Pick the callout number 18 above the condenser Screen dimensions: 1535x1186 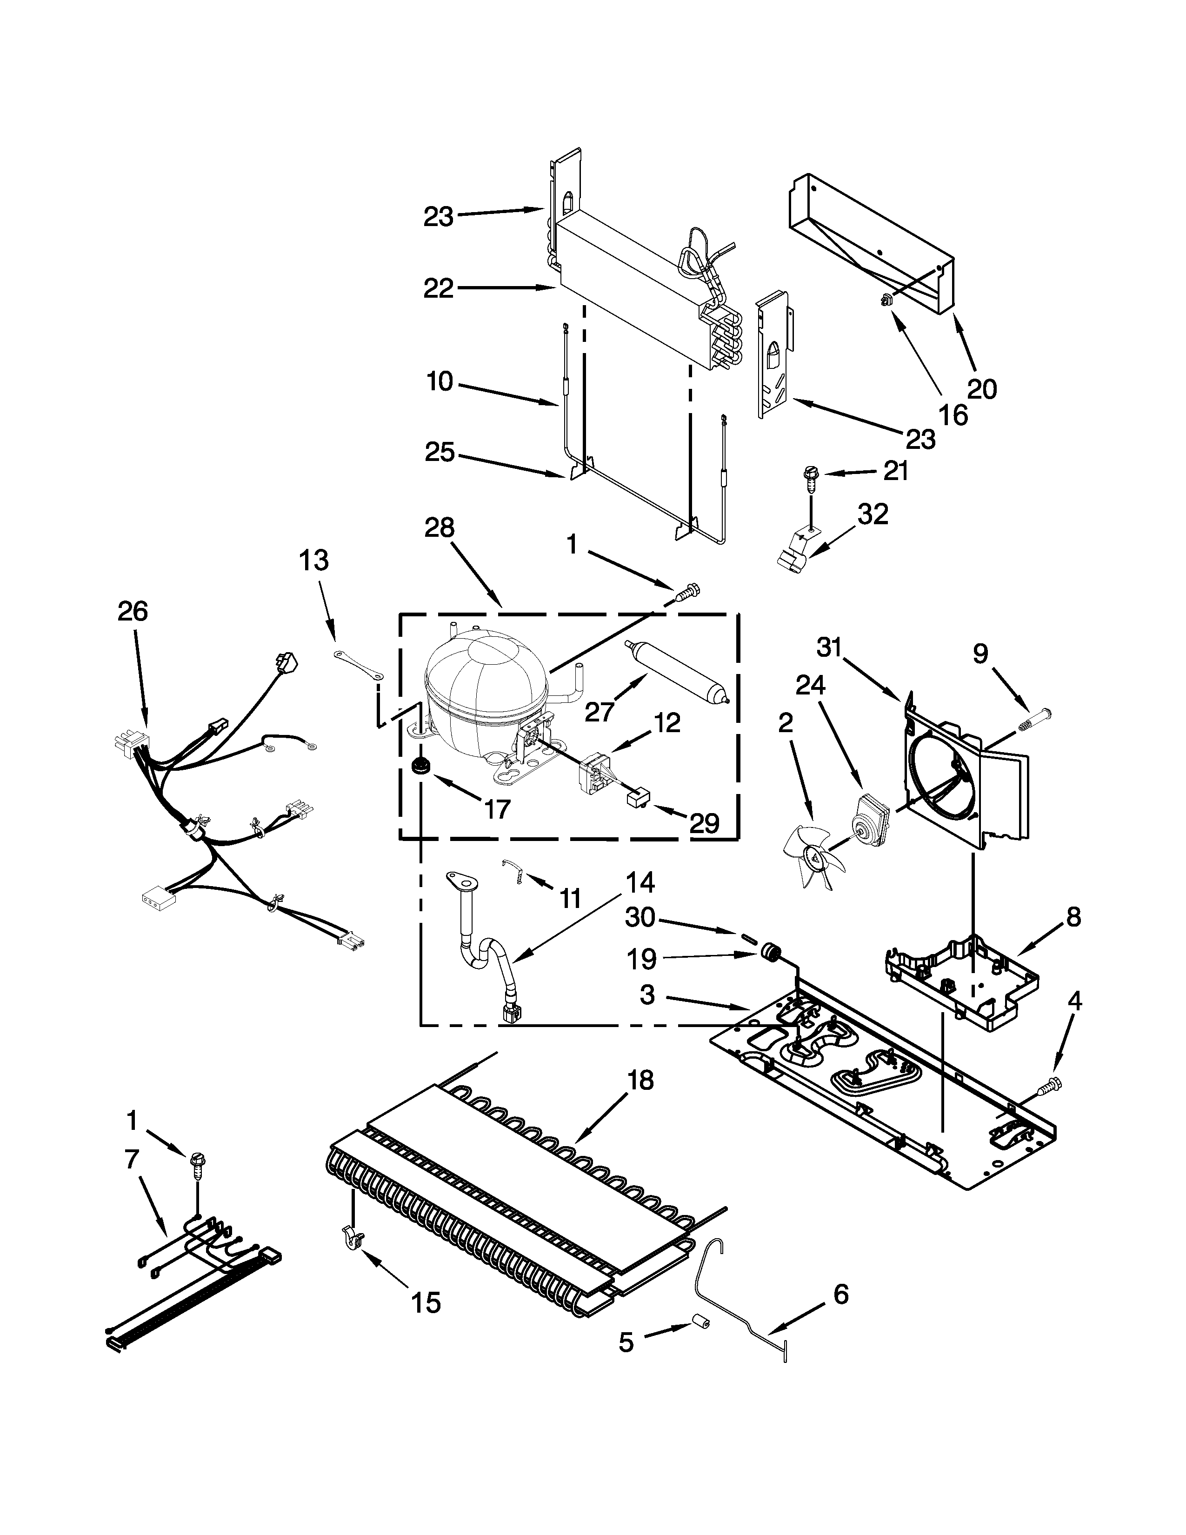pyautogui.click(x=640, y=1080)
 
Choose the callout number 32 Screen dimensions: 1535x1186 pyautogui.click(x=873, y=514)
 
